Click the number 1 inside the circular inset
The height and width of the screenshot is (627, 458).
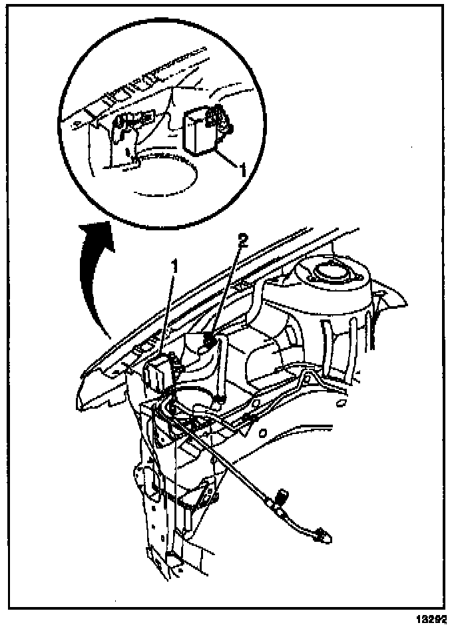(x=242, y=170)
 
